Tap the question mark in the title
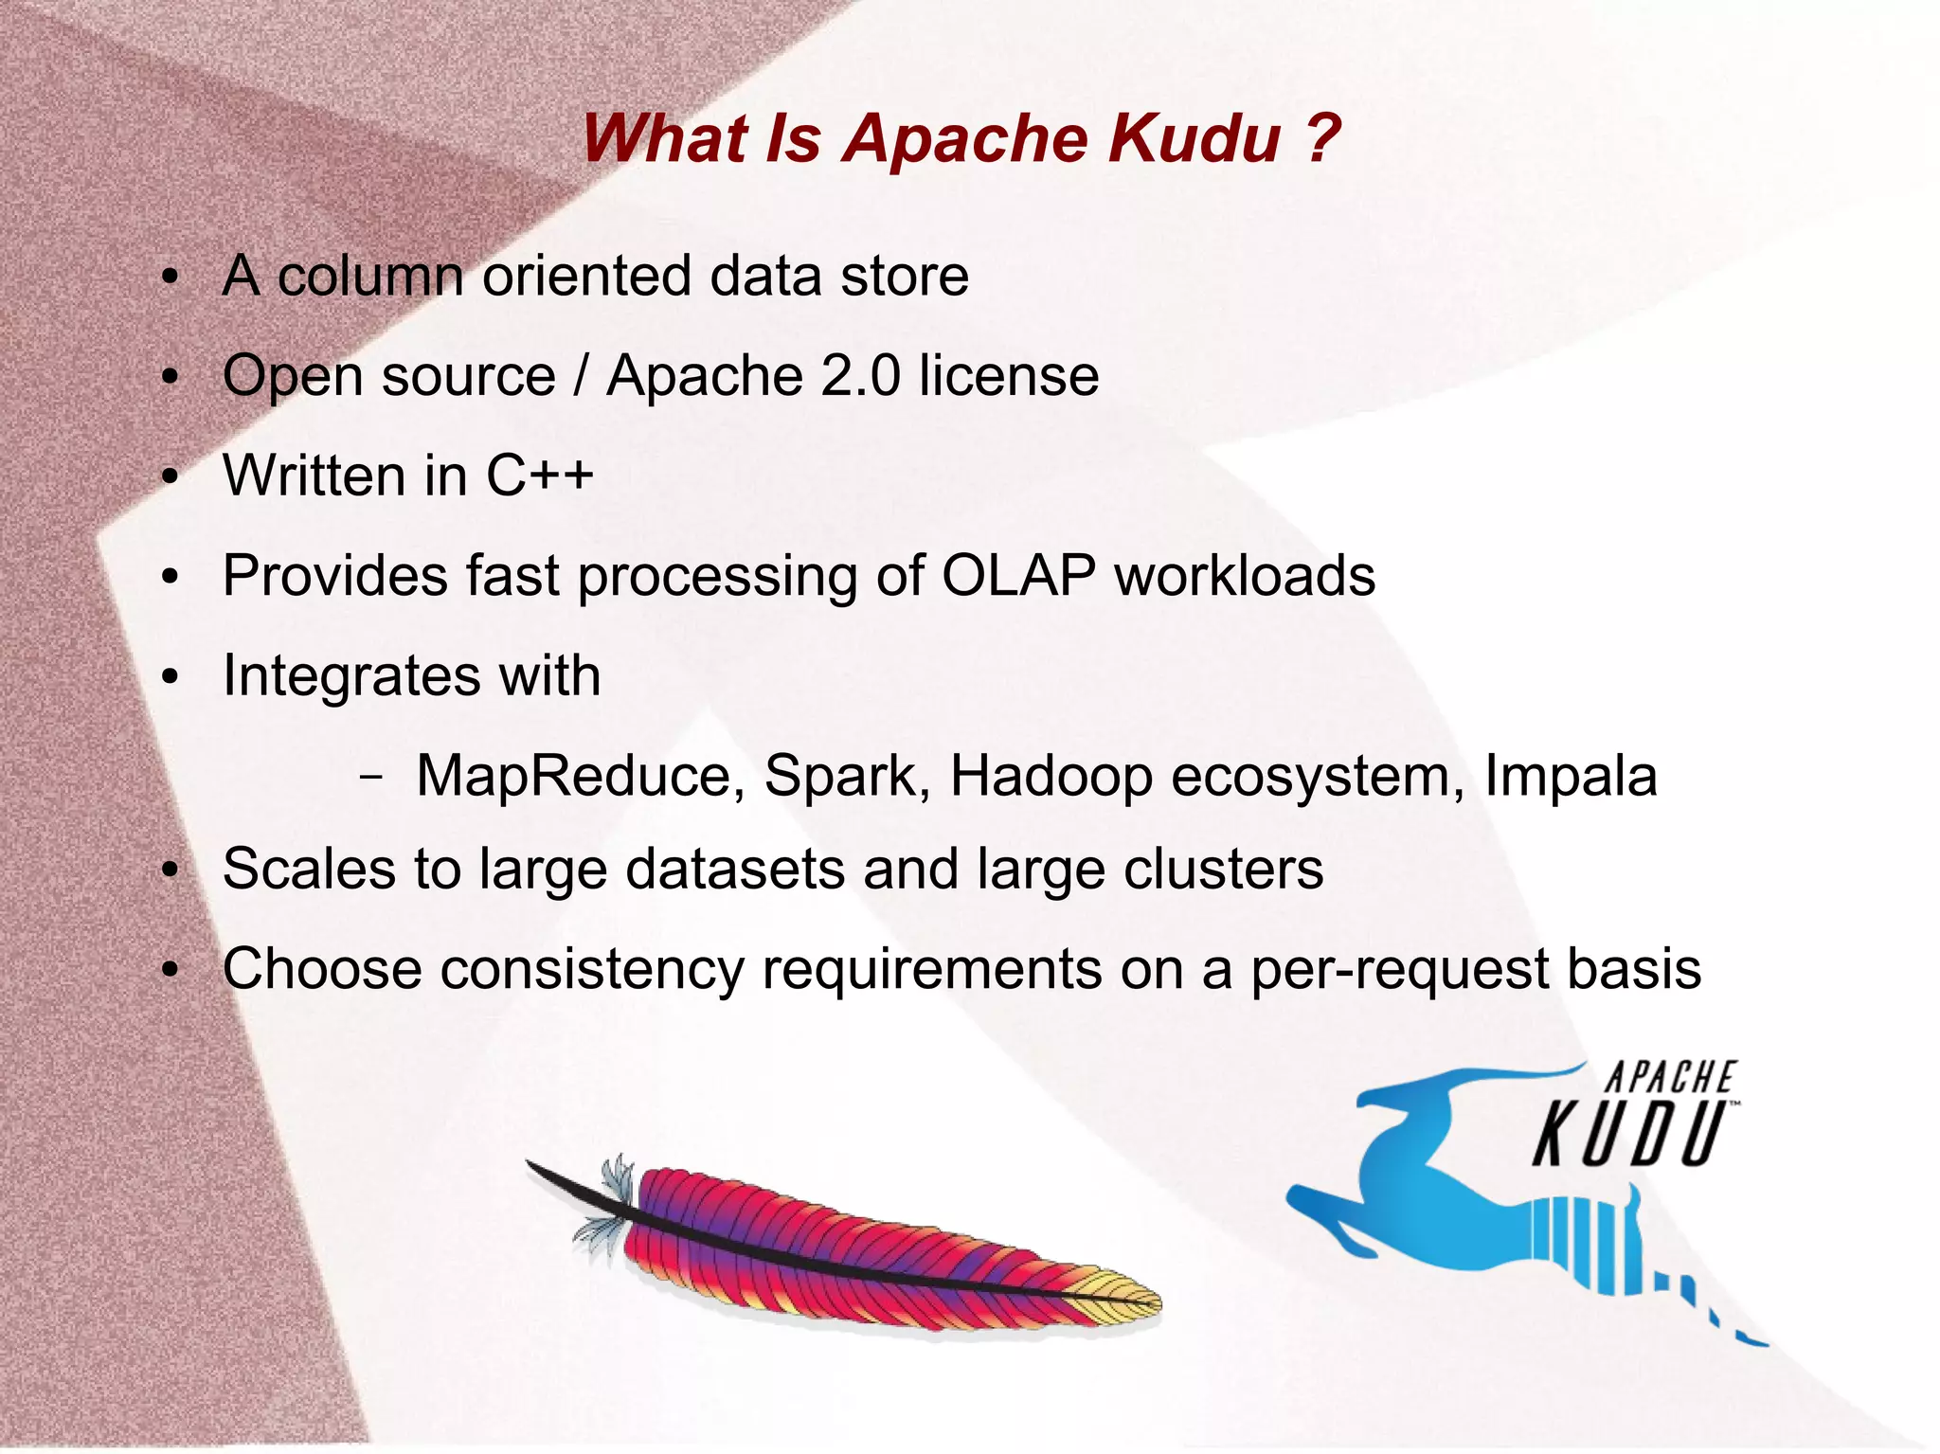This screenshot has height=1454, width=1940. pyautogui.click(x=1321, y=138)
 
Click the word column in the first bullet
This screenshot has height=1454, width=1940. pyautogui.click(x=370, y=276)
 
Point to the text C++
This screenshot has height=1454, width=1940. pyautogui.click(x=540, y=475)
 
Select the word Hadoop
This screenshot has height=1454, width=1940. pyautogui.click(x=1051, y=776)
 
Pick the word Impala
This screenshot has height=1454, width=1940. pyautogui.click(x=1571, y=776)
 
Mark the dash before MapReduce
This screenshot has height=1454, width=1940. pyautogui.click(x=372, y=778)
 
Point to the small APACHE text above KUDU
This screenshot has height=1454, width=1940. pyautogui.click(x=1670, y=1078)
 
